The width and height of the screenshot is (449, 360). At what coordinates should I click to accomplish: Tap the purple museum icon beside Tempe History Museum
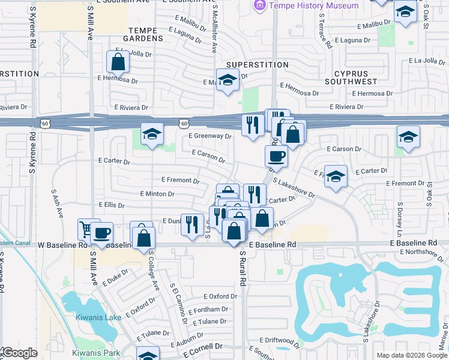point(259,5)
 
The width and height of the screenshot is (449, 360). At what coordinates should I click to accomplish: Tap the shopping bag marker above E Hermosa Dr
point(118,62)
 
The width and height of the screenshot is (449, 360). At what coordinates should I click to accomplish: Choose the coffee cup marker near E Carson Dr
point(276,157)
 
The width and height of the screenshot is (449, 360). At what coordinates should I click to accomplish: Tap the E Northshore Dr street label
point(422,254)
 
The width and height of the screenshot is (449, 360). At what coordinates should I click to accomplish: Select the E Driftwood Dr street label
point(280,340)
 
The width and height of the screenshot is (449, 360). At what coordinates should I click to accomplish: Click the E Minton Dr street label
point(157,194)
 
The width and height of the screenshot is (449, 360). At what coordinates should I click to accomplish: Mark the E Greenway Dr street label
point(210,136)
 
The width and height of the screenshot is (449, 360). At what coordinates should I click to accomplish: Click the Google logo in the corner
point(19,353)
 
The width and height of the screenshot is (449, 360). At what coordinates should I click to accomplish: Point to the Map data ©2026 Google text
point(411,355)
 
